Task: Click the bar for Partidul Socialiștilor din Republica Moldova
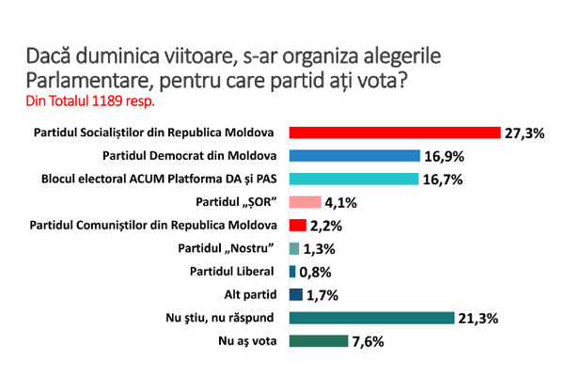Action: tap(394, 133)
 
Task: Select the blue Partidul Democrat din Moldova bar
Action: tap(352, 156)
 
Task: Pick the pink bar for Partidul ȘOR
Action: tap(305, 202)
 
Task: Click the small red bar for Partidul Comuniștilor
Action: tap(297, 225)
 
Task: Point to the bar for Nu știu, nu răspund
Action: tap(370, 318)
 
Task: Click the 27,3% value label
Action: tap(525, 133)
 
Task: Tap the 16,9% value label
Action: tap(444, 156)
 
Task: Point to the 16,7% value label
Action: tap(441, 180)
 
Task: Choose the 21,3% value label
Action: tap(480, 318)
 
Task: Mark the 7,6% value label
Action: tap(368, 341)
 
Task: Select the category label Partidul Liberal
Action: tap(238, 272)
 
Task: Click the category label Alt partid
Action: tap(253, 294)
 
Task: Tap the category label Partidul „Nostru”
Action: tap(227, 248)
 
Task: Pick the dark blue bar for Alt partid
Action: tap(295, 294)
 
